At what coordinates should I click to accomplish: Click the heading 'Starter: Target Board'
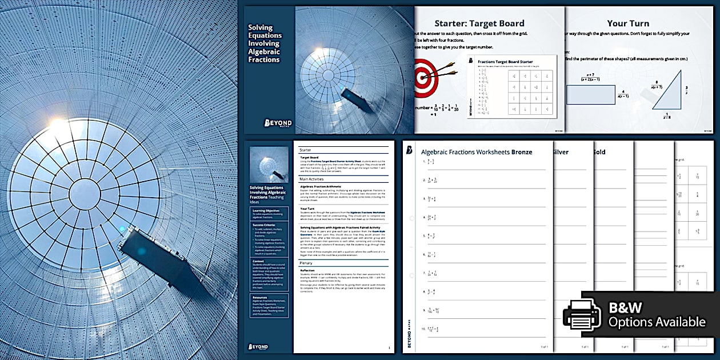click(479, 23)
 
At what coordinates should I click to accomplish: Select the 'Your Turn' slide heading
click(627, 23)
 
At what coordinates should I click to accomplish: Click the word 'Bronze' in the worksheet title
click(522, 152)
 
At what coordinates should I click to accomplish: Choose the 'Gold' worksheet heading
click(599, 152)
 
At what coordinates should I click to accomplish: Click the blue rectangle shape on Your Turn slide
click(590, 94)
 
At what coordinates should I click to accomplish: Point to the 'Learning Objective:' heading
click(265, 211)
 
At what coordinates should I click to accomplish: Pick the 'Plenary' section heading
click(306, 263)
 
